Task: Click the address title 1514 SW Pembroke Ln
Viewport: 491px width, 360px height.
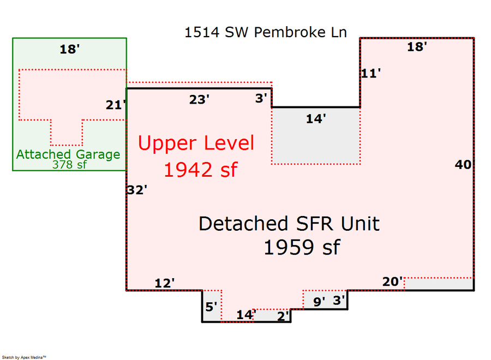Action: click(265, 32)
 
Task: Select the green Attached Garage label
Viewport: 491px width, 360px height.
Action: click(68, 154)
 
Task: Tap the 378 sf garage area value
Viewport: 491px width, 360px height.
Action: click(69, 165)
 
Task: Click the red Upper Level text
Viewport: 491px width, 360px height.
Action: click(196, 143)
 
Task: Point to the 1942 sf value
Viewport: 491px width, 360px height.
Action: click(201, 170)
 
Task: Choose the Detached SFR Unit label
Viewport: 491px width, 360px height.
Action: click(289, 224)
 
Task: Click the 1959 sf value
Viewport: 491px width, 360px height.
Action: click(301, 248)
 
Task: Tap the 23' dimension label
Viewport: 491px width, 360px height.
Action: click(199, 100)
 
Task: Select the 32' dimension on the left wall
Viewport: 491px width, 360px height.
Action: click(137, 190)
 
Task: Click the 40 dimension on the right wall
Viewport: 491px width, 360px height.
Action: click(463, 165)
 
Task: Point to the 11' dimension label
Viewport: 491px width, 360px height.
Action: click(370, 73)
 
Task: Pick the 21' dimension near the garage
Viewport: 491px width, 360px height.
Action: click(116, 105)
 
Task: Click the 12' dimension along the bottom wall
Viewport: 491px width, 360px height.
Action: click(165, 283)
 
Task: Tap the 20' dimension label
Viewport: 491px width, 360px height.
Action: click(392, 281)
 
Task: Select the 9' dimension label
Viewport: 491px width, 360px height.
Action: click(319, 300)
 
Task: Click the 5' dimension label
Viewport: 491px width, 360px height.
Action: click(211, 307)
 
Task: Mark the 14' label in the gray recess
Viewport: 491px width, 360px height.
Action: click(315, 118)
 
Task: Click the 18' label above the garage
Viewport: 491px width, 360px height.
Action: click(70, 50)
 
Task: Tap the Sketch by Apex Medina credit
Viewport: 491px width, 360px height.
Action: click(23, 357)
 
